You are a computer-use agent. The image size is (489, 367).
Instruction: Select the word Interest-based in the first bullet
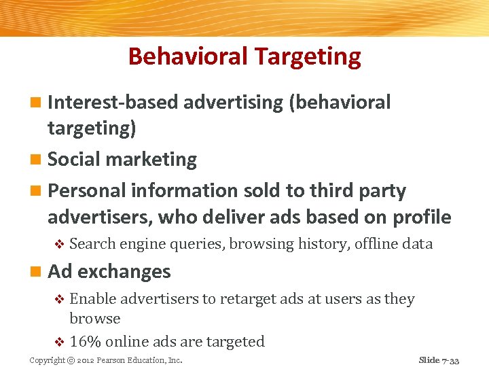(x=113, y=102)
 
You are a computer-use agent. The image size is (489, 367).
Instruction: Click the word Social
(x=74, y=160)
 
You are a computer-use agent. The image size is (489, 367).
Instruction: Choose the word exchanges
(x=124, y=272)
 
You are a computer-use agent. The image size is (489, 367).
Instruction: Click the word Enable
(x=94, y=299)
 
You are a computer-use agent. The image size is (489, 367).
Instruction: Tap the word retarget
(x=237, y=299)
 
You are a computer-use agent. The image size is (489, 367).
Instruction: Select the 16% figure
(x=86, y=341)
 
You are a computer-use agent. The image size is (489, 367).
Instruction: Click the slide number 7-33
(x=450, y=360)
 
